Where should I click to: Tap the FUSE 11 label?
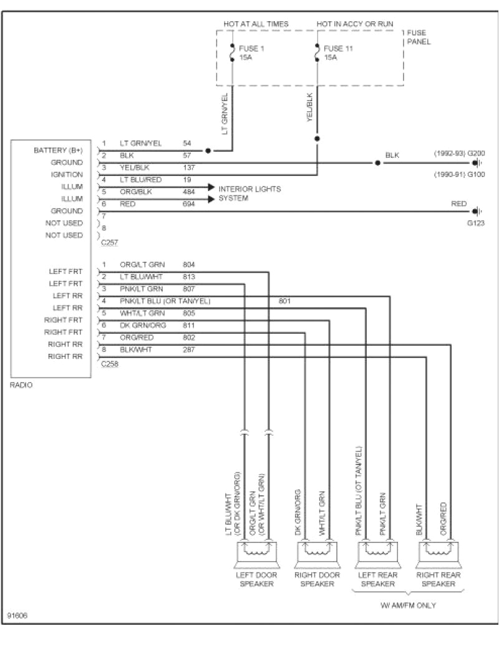(339, 48)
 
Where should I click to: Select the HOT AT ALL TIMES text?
(256, 24)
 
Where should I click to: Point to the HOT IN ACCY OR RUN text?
(354, 24)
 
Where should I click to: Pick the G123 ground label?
(475, 222)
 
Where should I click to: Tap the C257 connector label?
(109, 242)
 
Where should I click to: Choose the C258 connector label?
(109, 363)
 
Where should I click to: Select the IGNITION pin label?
(67, 175)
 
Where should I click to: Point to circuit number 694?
(189, 203)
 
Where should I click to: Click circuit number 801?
(284, 301)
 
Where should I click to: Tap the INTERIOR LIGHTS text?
(249, 188)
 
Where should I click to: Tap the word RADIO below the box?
(21, 385)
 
